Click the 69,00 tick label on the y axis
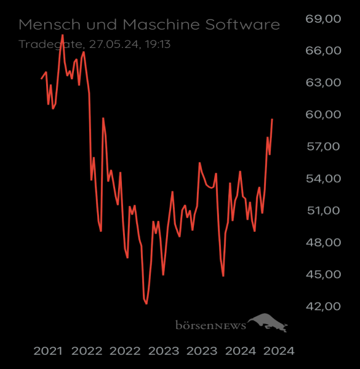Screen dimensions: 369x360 (x=322, y=18)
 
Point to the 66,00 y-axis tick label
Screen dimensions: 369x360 (x=322, y=50)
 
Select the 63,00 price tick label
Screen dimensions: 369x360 (x=322, y=82)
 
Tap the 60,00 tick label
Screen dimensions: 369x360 (x=322, y=114)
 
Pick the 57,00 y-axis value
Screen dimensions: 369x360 (x=322, y=146)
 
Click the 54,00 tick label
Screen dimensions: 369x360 (x=322, y=178)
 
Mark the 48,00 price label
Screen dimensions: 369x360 (x=322, y=242)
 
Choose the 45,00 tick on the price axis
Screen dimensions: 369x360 (x=322, y=274)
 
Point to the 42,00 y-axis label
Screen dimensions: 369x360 (x=322, y=306)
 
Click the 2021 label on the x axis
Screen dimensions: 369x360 (x=48, y=351)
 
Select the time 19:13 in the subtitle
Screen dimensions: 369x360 (x=157, y=44)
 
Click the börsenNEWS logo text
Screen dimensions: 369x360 (x=210, y=323)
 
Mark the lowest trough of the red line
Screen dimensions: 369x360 (x=146, y=304)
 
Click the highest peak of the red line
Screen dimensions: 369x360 (x=63, y=34)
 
